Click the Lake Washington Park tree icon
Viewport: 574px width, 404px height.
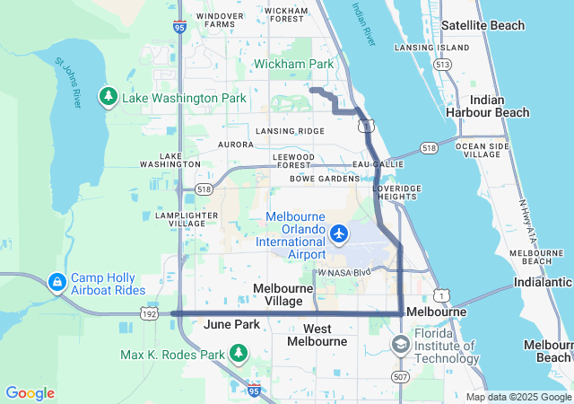pyautogui.click(x=109, y=96)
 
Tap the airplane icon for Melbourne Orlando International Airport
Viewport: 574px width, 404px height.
pyautogui.click(x=339, y=234)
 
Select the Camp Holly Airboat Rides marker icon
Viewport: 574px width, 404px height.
pyautogui.click(x=57, y=284)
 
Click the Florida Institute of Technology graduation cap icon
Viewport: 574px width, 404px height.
pyautogui.click(x=400, y=344)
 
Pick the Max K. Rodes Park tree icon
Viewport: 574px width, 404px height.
pyautogui.click(x=239, y=355)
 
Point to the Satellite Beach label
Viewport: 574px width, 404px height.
pyautogui.click(x=483, y=25)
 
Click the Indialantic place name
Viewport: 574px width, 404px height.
pyautogui.click(x=544, y=282)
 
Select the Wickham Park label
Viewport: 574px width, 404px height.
pyautogui.click(x=293, y=64)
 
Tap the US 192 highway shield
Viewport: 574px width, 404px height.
pyautogui.click(x=150, y=312)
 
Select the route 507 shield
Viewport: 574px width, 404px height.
pyautogui.click(x=400, y=376)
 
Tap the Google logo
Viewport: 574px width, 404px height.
pyautogui.click(x=30, y=392)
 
